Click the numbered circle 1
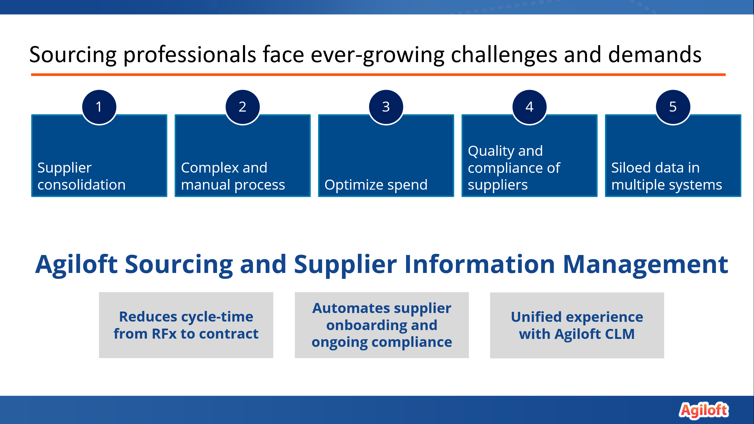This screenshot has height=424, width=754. click(x=99, y=107)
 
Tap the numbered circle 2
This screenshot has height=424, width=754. click(x=243, y=107)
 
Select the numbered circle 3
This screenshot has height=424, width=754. click(x=386, y=107)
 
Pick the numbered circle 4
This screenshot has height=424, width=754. click(x=530, y=107)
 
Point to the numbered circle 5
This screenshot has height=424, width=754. click(x=673, y=107)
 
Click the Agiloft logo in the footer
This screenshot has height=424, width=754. click(x=704, y=410)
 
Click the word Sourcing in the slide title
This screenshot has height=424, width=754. click(x=73, y=55)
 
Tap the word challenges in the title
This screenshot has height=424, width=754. click(x=504, y=55)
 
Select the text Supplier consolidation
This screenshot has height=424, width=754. click(x=82, y=176)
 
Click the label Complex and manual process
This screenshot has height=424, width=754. click(x=233, y=176)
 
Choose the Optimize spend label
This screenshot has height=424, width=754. click(x=376, y=185)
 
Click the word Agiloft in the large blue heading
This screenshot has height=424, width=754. click(x=76, y=265)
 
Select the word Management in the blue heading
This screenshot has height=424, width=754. click(x=646, y=264)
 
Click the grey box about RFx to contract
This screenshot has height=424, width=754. click(x=186, y=325)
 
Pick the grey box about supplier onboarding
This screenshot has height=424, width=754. click(x=382, y=325)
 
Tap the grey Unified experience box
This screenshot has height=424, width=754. click(x=577, y=325)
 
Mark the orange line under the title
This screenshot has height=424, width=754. click(x=378, y=75)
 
